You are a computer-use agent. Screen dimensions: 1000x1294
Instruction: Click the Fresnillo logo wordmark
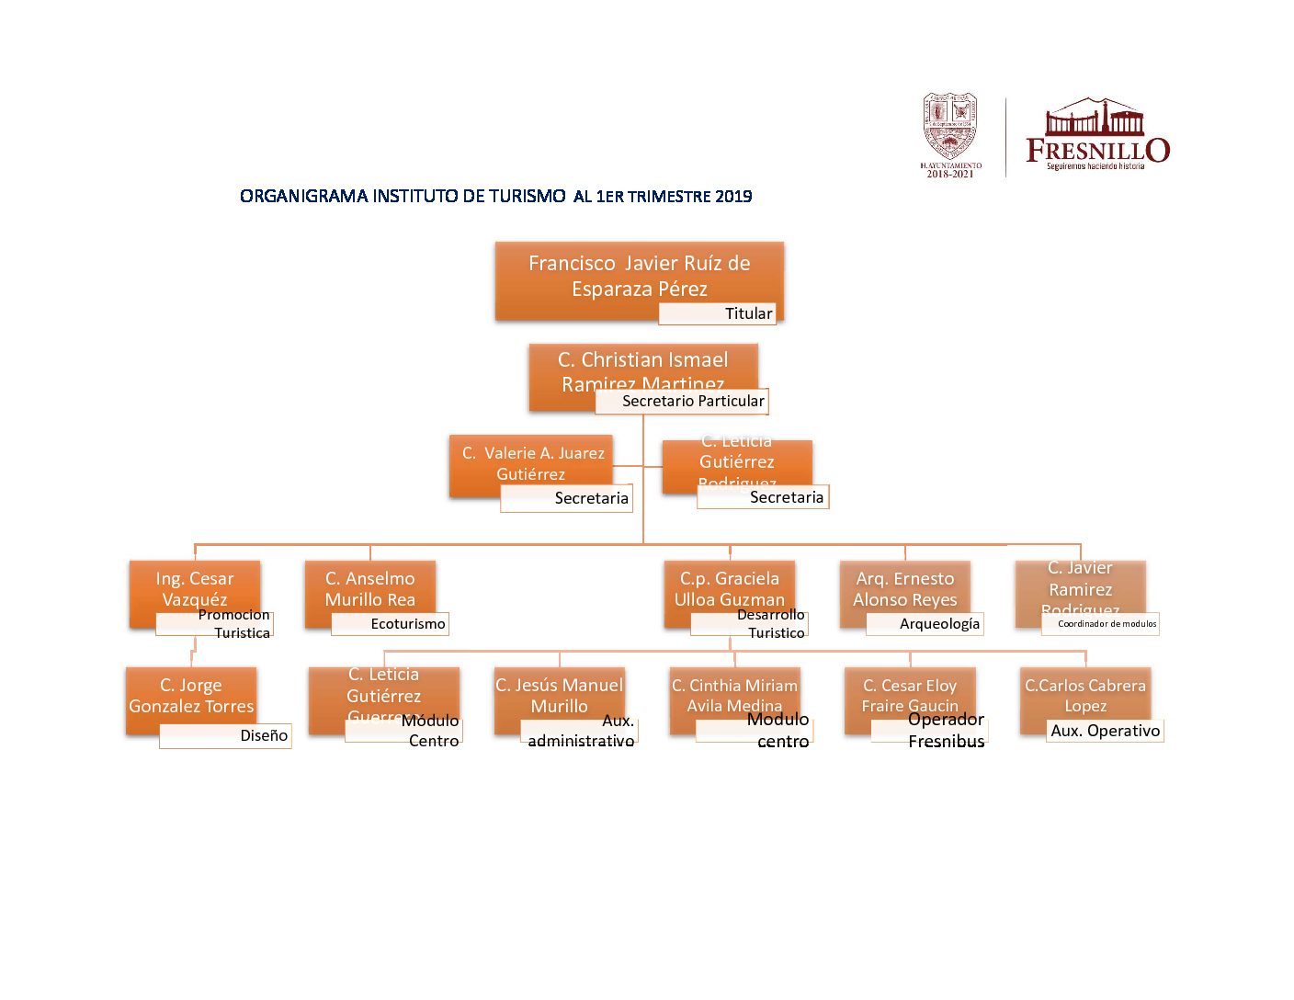tap(1096, 149)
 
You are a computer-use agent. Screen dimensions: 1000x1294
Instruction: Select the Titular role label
tap(718, 313)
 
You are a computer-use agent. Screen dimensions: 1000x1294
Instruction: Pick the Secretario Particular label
tap(682, 401)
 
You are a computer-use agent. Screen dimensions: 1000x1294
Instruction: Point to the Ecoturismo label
tap(391, 624)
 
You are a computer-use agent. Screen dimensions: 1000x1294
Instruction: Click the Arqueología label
tap(925, 624)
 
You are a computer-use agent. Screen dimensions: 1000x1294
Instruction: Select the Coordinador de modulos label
tap(1100, 624)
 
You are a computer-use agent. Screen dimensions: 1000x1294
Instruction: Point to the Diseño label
tap(226, 736)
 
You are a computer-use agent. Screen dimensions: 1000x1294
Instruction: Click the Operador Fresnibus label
tap(929, 731)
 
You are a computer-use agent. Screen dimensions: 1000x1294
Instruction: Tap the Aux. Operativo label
tap(1105, 731)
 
